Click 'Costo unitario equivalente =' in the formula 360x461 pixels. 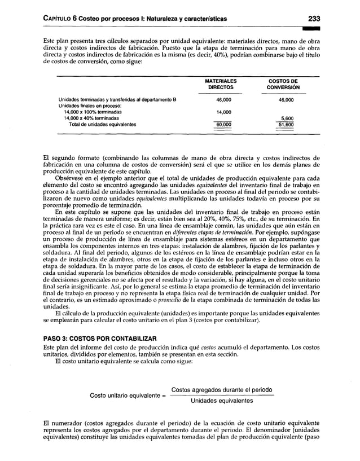(128, 396)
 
